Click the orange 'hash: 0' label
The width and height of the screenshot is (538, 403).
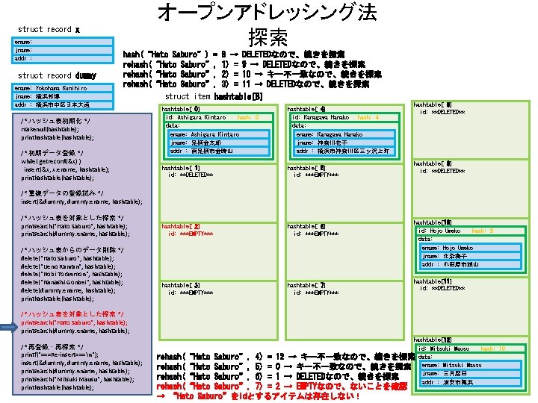point(248,118)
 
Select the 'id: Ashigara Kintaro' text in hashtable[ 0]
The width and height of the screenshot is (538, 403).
point(196,118)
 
